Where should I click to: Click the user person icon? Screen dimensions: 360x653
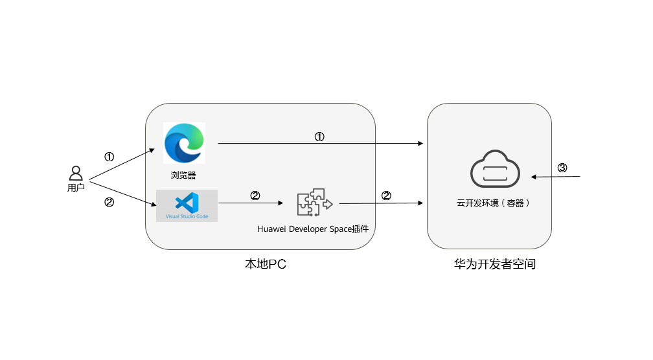click(76, 174)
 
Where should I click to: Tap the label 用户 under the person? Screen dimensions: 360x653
click(76, 188)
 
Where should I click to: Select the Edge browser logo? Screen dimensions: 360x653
click(184, 142)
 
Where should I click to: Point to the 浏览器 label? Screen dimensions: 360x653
click(183, 175)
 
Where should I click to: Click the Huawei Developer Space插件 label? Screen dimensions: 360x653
click(313, 229)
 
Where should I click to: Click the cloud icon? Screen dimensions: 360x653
click(495, 171)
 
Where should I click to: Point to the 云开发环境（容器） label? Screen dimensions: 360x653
click(494, 203)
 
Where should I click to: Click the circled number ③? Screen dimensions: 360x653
click(562, 168)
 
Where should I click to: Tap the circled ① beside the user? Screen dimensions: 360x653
click(109, 157)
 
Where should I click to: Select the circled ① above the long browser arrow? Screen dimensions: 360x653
click(319, 137)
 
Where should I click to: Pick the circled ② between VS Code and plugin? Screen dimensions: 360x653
click(255, 196)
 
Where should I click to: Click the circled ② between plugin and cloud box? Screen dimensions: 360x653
click(387, 196)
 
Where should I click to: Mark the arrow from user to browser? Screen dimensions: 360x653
click(122, 164)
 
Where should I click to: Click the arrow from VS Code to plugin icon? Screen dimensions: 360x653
click(251, 203)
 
